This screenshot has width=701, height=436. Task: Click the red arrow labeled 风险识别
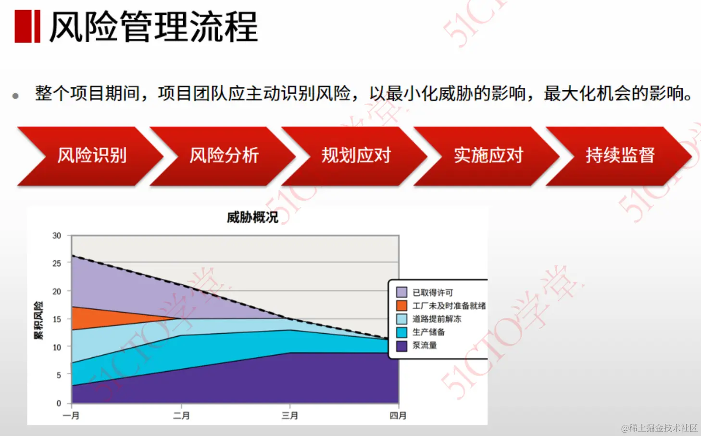[x=91, y=156]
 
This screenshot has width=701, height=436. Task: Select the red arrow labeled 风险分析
[x=224, y=156]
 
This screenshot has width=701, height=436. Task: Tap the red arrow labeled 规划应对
[x=356, y=156]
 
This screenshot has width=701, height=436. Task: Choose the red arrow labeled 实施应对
[x=488, y=156]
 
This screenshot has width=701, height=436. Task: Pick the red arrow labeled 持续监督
[x=620, y=156]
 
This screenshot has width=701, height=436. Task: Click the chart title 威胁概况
[x=252, y=218]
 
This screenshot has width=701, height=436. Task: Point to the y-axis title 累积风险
[x=38, y=320]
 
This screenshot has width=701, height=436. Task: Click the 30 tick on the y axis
[x=57, y=236]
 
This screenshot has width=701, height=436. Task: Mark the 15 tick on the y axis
[x=57, y=319]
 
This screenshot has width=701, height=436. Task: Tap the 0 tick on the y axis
[x=59, y=403]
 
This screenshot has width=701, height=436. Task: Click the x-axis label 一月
[x=71, y=416]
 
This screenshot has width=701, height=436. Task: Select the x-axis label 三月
[x=290, y=416]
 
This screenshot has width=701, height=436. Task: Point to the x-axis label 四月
[x=398, y=416]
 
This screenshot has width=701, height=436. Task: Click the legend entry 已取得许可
[x=432, y=292]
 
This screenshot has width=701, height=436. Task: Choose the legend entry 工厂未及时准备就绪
[x=449, y=306]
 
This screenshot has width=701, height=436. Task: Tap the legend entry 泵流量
[x=424, y=345]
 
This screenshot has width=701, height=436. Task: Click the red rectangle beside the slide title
[x=27, y=26]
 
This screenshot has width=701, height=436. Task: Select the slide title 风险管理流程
[x=154, y=27]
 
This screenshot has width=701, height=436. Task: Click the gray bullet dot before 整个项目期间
[x=15, y=96]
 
